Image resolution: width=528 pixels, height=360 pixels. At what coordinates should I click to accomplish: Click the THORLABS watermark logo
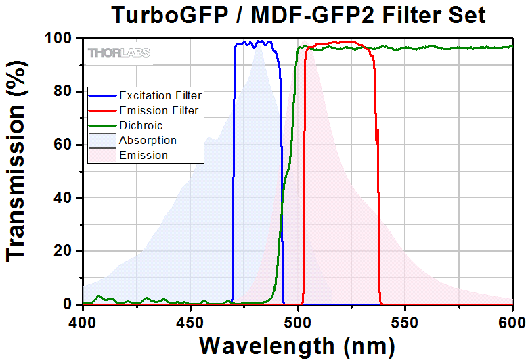tap(118, 52)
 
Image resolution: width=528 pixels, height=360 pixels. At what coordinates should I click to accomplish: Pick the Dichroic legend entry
tap(141, 125)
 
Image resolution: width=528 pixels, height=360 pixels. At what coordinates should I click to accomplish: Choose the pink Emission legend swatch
tap(102, 155)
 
